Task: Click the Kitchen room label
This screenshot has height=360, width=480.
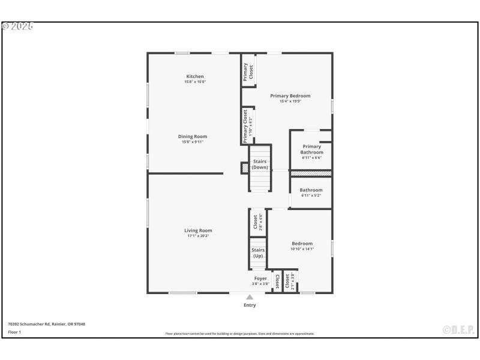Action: click(x=195, y=76)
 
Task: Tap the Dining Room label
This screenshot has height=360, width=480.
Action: click(x=192, y=136)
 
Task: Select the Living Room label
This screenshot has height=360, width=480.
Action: click(x=198, y=230)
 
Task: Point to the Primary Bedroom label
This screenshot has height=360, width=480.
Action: click(x=290, y=96)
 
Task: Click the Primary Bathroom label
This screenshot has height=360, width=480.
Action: click(x=311, y=149)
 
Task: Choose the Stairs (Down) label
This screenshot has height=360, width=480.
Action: click(x=260, y=164)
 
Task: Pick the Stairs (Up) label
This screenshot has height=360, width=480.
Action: click(x=258, y=253)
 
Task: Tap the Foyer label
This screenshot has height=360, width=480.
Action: click(x=260, y=278)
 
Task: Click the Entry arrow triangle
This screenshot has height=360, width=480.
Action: click(x=250, y=297)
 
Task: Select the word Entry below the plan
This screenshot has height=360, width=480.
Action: click(x=250, y=305)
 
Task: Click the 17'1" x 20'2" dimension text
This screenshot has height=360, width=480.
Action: click(x=198, y=236)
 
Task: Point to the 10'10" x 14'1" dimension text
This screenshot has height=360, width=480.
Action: click(x=302, y=249)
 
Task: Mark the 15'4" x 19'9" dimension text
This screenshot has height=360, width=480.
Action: click(x=290, y=101)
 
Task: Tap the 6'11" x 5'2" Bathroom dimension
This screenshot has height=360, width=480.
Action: click(x=311, y=196)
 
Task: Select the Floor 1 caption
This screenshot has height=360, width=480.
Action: click(x=14, y=332)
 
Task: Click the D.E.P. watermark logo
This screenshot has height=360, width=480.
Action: click(x=458, y=329)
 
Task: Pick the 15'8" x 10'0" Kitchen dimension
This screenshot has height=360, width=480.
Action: click(x=195, y=82)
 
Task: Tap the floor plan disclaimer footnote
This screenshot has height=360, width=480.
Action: click(x=240, y=334)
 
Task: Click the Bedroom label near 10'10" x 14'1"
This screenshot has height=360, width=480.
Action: click(x=302, y=244)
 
